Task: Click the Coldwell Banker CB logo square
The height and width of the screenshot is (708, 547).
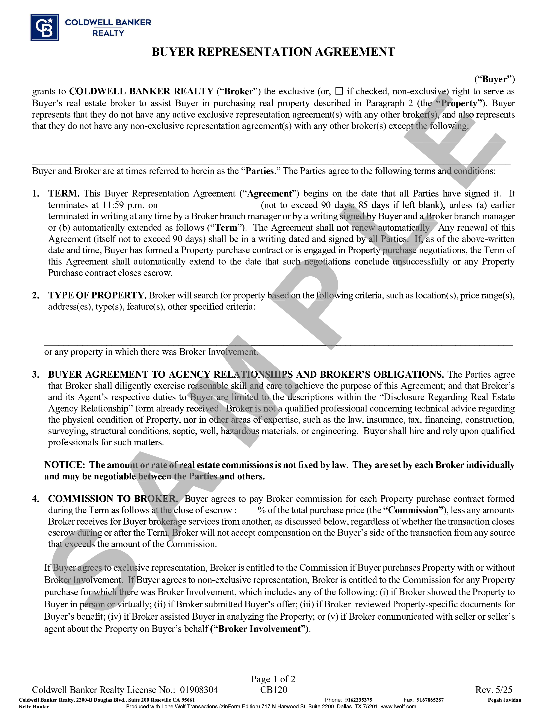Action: pyautogui.click(x=45, y=27)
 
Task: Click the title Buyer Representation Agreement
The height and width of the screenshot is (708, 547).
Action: pyautogui.click(x=273, y=52)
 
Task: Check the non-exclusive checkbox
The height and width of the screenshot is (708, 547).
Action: pyautogui.click(x=339, y=91)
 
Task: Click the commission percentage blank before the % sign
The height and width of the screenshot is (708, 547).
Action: pyautogui.click(x=248, y=510)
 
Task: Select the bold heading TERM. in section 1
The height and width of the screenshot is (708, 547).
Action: pyautogui.click(x=64, y=194)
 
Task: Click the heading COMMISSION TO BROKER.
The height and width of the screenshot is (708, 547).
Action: pyautogui.click(x=113, y=499)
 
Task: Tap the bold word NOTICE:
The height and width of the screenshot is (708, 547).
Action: pyautogui.click(x=65, y=465)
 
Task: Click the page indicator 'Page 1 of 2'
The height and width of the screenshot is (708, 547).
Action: pyautogui.click(x=273, y=679)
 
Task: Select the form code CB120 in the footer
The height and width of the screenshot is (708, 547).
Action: pyautogui.click(x=273, y=690)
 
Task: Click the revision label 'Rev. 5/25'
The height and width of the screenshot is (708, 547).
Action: pyautogui.click(x=494, y=690)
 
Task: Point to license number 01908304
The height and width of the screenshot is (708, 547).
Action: pyautogui.click(x=199, y=690)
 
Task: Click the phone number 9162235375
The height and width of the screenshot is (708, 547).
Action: pyautogui.click(x=358, y=700)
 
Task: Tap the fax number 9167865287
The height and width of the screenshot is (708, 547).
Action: pyautogui.click(x=430, y=700)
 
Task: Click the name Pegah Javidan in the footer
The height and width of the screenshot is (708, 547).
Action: pyautogui.click(x=505, y=700)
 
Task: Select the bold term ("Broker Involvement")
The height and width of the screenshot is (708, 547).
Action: pyautogui.click(x=260, y=629)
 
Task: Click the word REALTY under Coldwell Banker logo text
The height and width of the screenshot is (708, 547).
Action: pyautogui.click(x=108, y=33)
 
